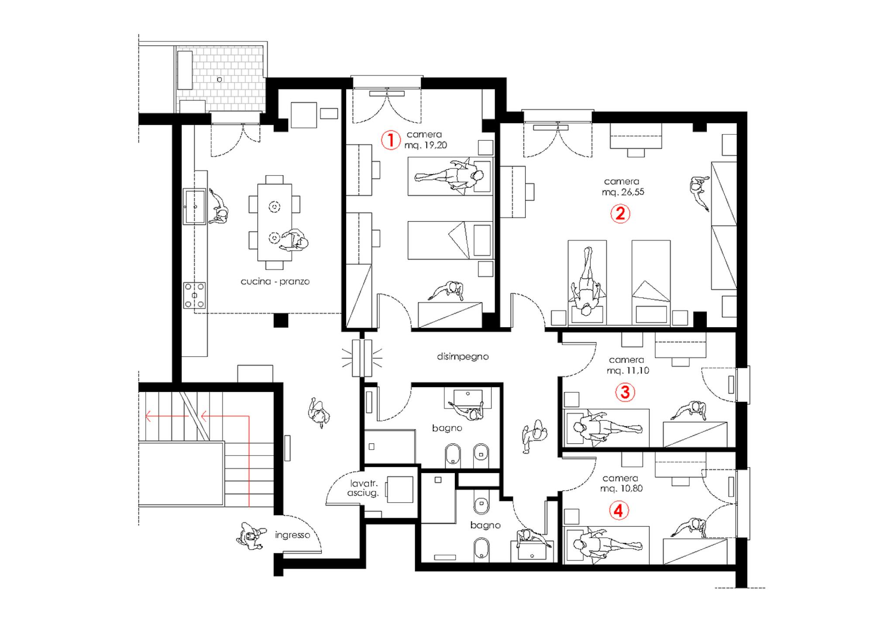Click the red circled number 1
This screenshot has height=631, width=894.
coord(391,140)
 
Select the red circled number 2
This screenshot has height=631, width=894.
coord(620,214)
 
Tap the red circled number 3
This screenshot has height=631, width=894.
coord(625,392)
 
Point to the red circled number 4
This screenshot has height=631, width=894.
coord(619,510)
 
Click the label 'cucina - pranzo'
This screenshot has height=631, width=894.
coord(275,281)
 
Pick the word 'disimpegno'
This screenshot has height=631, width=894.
coord(463,357)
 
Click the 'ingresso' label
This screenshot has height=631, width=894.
coord(292,535)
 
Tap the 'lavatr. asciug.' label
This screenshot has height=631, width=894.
coord(363,488)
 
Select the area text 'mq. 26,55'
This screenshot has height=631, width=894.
coord(623,192)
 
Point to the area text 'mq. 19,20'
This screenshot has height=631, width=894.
coord(426,145)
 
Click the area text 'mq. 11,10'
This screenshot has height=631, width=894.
coord(628,370)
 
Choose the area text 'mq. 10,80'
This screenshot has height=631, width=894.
coord(622,488)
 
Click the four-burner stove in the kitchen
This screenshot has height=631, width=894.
coord(194,295)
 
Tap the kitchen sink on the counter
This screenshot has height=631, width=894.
coord(194,206)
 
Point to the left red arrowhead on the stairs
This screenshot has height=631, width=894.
coord(148,416)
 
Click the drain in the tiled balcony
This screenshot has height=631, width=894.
coord(220,79)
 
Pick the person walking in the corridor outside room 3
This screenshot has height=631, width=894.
coord(534,436)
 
